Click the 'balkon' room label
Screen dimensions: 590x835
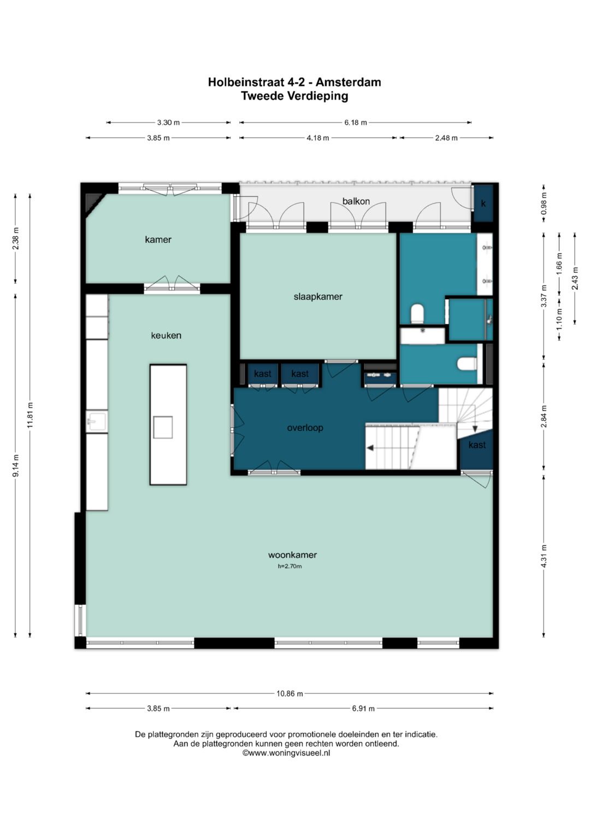click(x=356, y=201)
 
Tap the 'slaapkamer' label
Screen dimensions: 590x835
click(x=318, y=297)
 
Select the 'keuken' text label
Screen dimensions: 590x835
click(x=166, y=336)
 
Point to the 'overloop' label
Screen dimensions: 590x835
click(x=305, y=428)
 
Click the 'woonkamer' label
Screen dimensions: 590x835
click(x=292, y=554)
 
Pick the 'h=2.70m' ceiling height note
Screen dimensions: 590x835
click(x=290, y=566)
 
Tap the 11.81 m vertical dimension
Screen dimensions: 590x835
click(x=30, y=415)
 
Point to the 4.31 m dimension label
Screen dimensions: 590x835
click(x=544, y=556)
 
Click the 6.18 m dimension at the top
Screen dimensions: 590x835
click(x=355, y=122)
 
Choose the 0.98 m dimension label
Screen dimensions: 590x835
click(x=544, y=203)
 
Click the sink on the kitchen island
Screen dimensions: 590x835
click(x=163, y=427)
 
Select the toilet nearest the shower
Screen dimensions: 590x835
click(x=467, y=364)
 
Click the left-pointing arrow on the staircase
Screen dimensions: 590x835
click(x=370, y=448)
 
